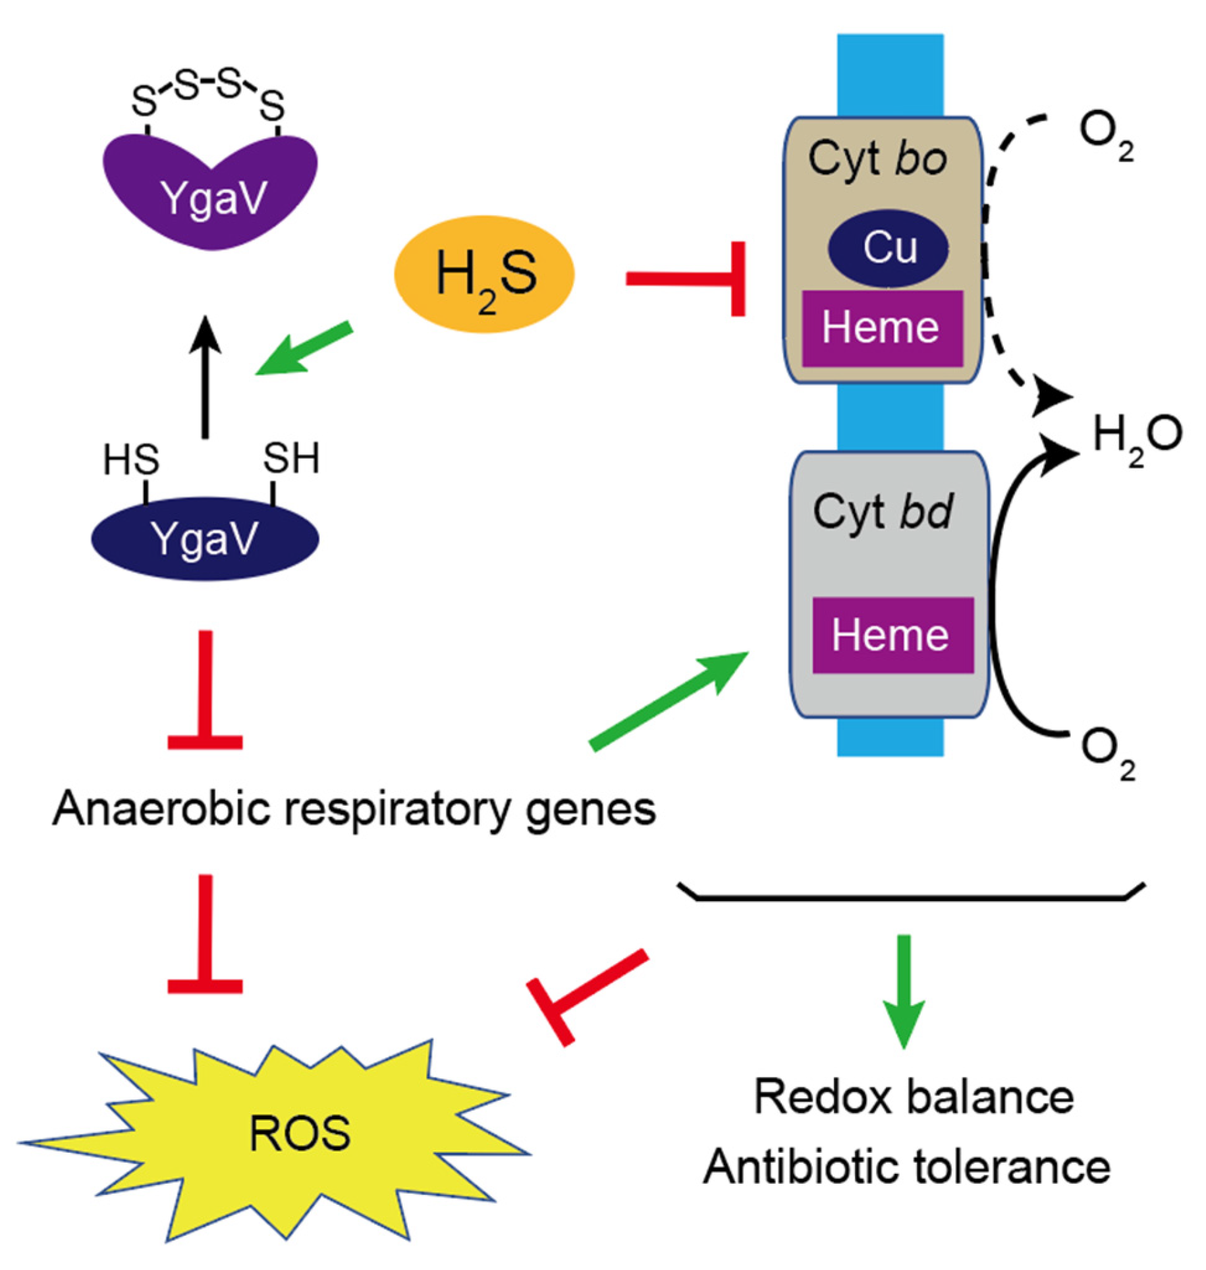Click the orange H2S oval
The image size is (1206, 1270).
click(x=484, y=274)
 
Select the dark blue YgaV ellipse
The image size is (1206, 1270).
click(x=205, y=539)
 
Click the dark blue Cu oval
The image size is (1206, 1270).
click(x=888, y=248)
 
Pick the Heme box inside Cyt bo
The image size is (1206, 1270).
click(x=881, y=327)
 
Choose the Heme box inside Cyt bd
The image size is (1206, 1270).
click(x=892, y=634)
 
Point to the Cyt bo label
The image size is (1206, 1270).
click(x=877, y=159)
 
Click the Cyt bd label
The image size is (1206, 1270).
click(x=883, y=511)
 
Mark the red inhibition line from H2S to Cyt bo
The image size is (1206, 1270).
click(x=685, y=279)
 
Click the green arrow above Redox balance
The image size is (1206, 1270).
click(x=904, y=988)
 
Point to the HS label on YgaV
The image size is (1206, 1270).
click(x=130, y=459)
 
